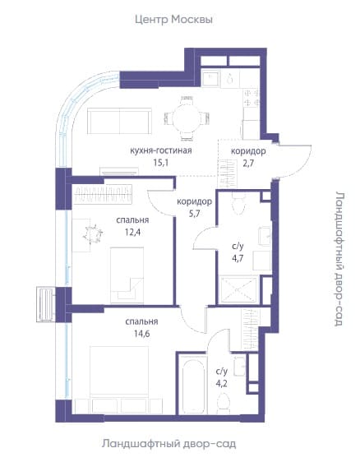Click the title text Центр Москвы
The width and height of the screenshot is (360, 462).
173,20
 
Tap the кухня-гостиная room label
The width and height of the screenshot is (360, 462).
161,150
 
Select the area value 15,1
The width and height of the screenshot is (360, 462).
161,162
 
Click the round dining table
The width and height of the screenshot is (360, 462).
187,118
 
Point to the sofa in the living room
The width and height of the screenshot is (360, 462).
120,121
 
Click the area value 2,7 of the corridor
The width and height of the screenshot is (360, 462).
248,163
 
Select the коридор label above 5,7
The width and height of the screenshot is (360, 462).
194,202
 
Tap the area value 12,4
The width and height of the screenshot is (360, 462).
132,232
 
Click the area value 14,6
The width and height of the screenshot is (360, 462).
141,334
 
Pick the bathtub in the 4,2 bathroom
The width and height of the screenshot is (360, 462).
193,384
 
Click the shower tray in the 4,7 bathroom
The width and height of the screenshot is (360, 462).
238,290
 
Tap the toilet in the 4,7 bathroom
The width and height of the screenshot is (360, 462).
238,202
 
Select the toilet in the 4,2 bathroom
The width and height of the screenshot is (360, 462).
224,404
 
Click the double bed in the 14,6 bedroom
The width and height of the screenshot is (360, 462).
119,375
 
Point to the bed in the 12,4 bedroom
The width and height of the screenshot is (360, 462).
127,275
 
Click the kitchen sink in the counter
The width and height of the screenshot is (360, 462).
211,78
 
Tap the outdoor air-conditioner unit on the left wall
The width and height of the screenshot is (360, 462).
46,304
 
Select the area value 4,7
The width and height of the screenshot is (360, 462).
238,258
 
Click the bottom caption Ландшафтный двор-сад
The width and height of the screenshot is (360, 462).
169,444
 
